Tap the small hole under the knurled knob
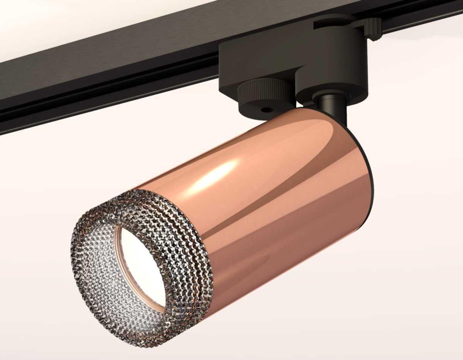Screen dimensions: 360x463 coord(265,110)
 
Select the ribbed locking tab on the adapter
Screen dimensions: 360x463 coord(373,29)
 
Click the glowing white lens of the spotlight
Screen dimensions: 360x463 coord(143,266)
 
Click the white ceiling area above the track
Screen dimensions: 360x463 coord(77,23)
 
